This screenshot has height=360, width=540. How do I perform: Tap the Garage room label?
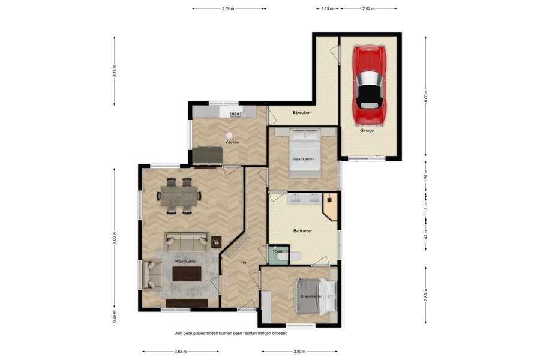[x=367, y=130]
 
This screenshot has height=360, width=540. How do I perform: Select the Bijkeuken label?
[x=301, y=112]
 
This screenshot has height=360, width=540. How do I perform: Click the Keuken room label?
[x=232, y=142]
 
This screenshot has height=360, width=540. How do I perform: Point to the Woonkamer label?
[x=185, y=262]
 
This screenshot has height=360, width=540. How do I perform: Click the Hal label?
[x=244, y=262]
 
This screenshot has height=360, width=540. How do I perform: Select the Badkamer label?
[x=302, y=230]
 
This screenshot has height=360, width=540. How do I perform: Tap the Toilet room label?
[x=277, y=251]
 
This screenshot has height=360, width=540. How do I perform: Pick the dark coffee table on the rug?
[x=187, y=274]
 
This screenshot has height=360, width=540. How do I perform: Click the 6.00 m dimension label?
[x=426, y=97]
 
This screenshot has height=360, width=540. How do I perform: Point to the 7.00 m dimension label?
[x=115, y=238]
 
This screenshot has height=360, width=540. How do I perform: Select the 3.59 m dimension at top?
[x=227, y=9]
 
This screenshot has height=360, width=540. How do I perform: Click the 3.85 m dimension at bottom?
[x=179, y=352]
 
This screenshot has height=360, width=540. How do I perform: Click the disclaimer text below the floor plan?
[x=231, y=332]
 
